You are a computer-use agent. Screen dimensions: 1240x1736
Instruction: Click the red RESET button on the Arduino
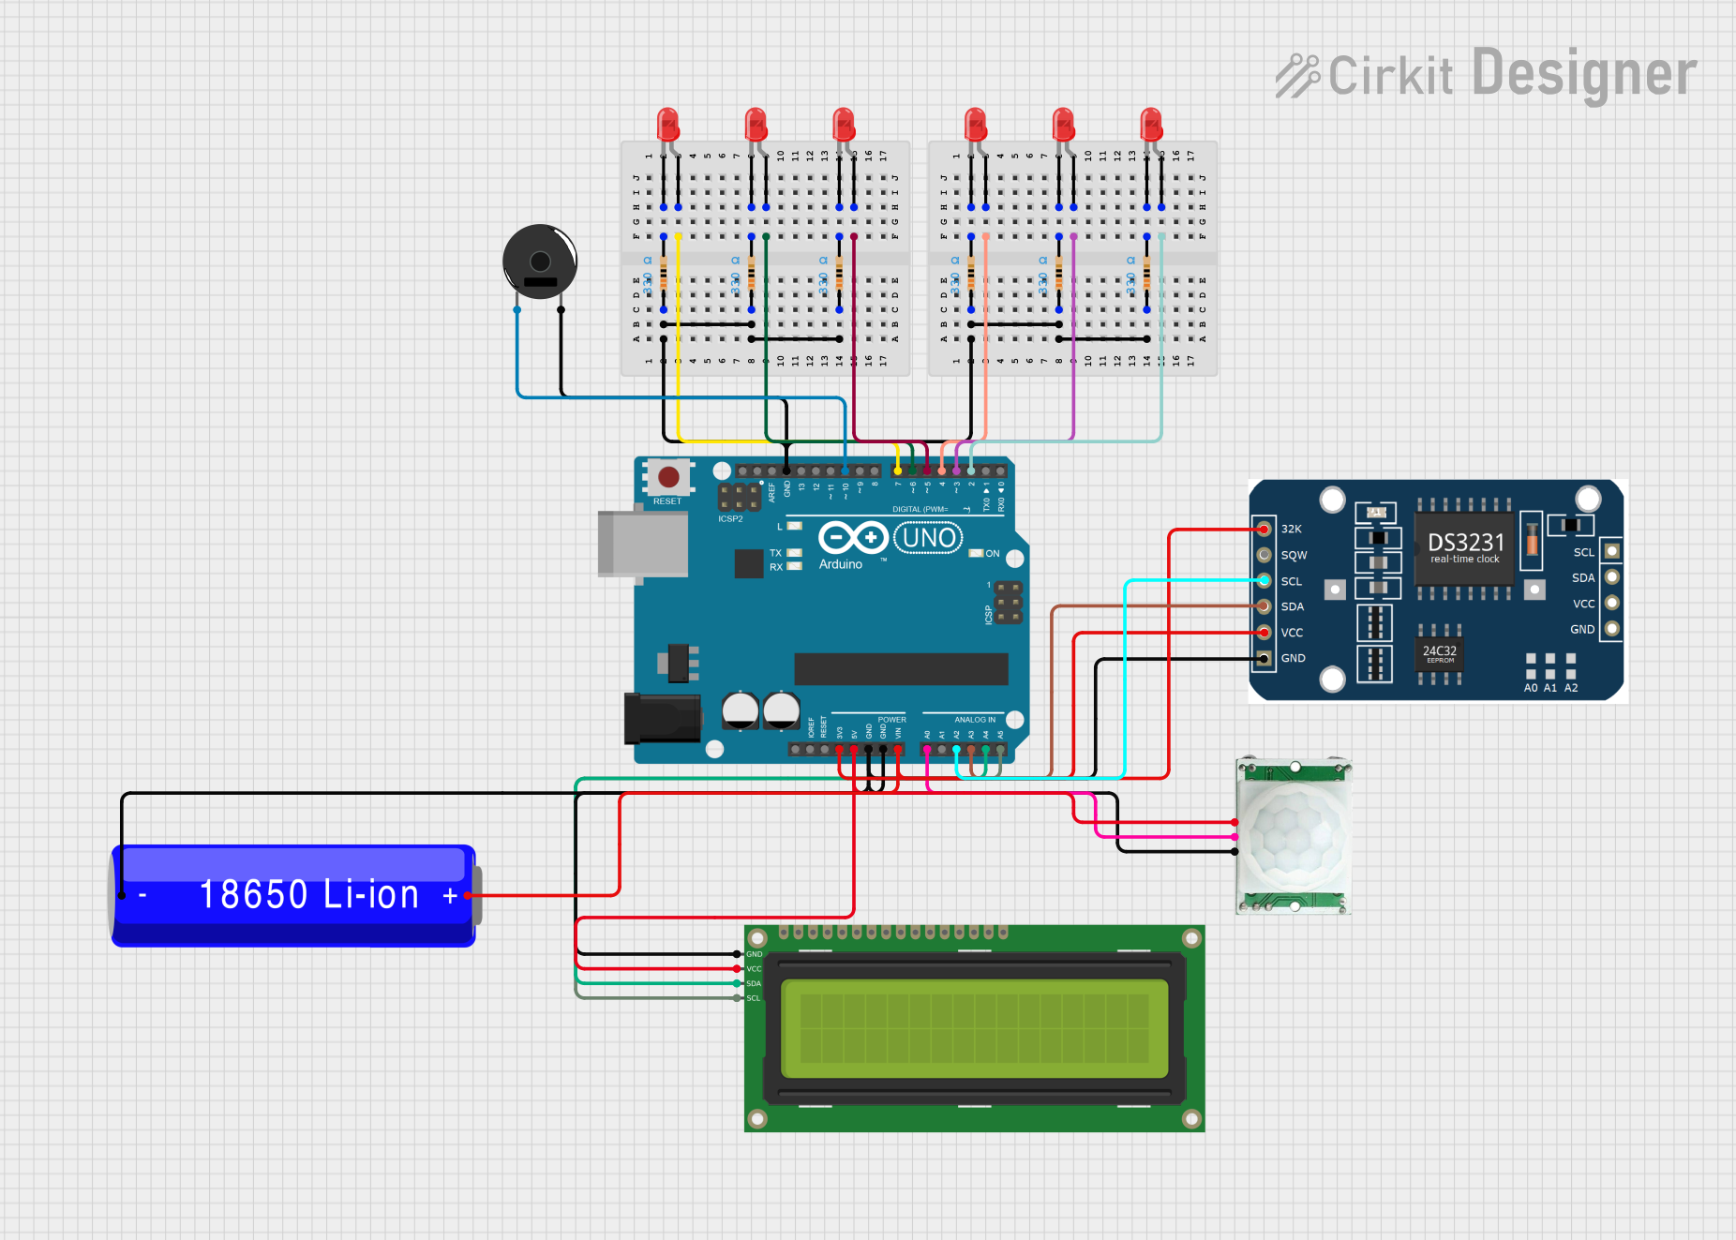668,477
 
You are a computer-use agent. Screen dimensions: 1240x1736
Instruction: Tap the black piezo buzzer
539,261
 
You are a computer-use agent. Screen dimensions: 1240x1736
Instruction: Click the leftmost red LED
667,124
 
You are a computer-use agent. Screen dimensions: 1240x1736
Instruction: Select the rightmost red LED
1151,124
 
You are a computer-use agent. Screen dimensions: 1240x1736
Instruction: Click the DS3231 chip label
1465,543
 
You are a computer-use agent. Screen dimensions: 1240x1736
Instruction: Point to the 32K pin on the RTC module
1265,529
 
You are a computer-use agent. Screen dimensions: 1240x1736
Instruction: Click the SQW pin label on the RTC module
1294,555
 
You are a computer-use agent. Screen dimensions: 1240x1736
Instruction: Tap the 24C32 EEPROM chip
1439,652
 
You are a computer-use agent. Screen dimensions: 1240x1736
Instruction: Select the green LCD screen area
974,1028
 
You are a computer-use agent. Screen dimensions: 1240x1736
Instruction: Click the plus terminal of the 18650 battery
451,896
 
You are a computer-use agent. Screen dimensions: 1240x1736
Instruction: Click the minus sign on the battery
142,896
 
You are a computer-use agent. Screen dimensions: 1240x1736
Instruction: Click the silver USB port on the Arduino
642,544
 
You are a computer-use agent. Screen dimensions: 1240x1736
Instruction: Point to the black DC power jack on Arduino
662,718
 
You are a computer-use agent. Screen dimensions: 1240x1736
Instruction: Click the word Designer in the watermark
1584,74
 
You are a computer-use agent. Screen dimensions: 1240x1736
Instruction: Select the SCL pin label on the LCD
754,998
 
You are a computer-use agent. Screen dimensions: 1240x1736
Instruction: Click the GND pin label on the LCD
755,954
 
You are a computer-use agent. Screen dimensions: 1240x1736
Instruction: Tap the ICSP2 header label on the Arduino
730,518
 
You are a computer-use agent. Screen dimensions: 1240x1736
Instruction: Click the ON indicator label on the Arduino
993,553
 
